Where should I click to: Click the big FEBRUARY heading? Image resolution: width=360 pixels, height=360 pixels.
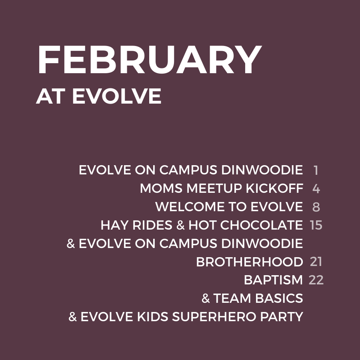(150, 60)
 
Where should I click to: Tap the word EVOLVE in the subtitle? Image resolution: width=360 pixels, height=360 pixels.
(117, 96)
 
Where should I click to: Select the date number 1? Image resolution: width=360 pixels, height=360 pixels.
(316, 170)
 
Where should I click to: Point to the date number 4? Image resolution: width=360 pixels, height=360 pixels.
(316, 188)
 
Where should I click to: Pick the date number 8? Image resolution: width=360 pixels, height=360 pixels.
(316, 207)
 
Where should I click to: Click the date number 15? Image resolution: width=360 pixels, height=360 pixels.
(316, 225)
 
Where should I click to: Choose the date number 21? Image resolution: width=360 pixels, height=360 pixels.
(316, 262)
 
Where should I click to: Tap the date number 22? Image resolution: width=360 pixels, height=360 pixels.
(316, 280)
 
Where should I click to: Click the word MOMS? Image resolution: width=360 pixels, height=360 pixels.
(161, 188)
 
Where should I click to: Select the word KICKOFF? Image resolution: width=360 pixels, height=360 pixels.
(274, 188)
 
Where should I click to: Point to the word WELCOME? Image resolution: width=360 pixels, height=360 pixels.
(190, 207)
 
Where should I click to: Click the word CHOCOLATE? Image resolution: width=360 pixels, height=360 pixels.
(262, 225)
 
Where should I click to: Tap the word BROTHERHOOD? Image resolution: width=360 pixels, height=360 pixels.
(250, 262)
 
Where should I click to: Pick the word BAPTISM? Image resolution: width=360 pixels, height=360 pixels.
(274, 280)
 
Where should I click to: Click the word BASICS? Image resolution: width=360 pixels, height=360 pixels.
(279, 298)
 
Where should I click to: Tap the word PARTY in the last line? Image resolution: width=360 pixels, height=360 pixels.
(282, 317)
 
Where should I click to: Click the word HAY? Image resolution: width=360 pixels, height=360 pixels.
(114, 225)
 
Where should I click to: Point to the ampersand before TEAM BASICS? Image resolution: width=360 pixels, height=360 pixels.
(206, 298)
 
